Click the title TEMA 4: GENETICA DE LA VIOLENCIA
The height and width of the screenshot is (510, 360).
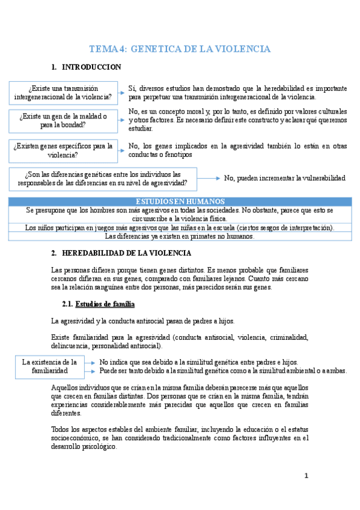pos(180,49)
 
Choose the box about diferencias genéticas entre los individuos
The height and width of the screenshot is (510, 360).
pos(103,178)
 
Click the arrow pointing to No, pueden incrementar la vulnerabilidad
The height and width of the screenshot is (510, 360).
pos(209,178)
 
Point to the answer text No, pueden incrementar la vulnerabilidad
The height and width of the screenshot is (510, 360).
pos(284,178)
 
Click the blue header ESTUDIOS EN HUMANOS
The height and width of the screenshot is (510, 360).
pos(180,201)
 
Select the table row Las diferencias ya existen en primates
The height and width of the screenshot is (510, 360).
pos(180,236)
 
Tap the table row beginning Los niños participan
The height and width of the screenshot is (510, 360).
pos(180,227)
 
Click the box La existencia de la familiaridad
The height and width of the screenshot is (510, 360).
pos(49,366)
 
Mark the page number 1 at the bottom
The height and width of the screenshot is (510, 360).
pos(306,476)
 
